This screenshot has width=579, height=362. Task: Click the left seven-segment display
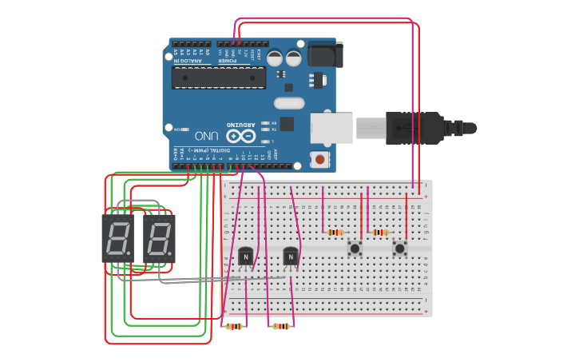pos(117,239)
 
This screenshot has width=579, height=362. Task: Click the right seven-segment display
pos(159,239)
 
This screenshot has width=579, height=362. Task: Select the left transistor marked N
pos(246,257)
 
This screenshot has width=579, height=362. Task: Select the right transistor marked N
pos(291,257)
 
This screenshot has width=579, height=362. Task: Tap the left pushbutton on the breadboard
pos(354,249)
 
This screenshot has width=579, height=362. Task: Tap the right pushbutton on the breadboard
pos(399,249)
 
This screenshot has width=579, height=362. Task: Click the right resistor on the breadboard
pos(381,233)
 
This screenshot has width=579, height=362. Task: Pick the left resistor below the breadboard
pos(234,326)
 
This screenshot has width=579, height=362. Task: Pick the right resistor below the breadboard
pos(280,326)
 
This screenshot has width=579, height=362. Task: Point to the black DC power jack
pos(325,54)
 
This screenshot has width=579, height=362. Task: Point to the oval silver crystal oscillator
pos(289,103)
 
